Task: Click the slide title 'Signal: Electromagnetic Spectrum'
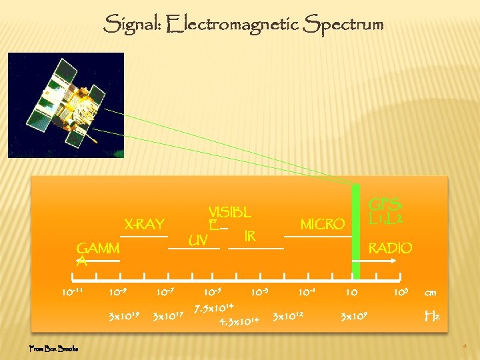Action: click(x=243, y=25)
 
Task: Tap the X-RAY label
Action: click(x=143, y=223)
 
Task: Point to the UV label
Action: click(x=197, y=239)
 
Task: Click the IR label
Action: click(x=250, y=237)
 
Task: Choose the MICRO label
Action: click(x=323, y=224)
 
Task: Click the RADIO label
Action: click(x=390, y=248)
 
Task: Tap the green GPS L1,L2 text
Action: click(x=389, y=211)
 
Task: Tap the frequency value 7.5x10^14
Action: click(x=213, y=309)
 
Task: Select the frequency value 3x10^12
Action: click(x=288, y=315)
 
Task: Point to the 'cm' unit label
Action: click(x=430, y=293)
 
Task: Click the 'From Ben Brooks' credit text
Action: click(x=54, y=348)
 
